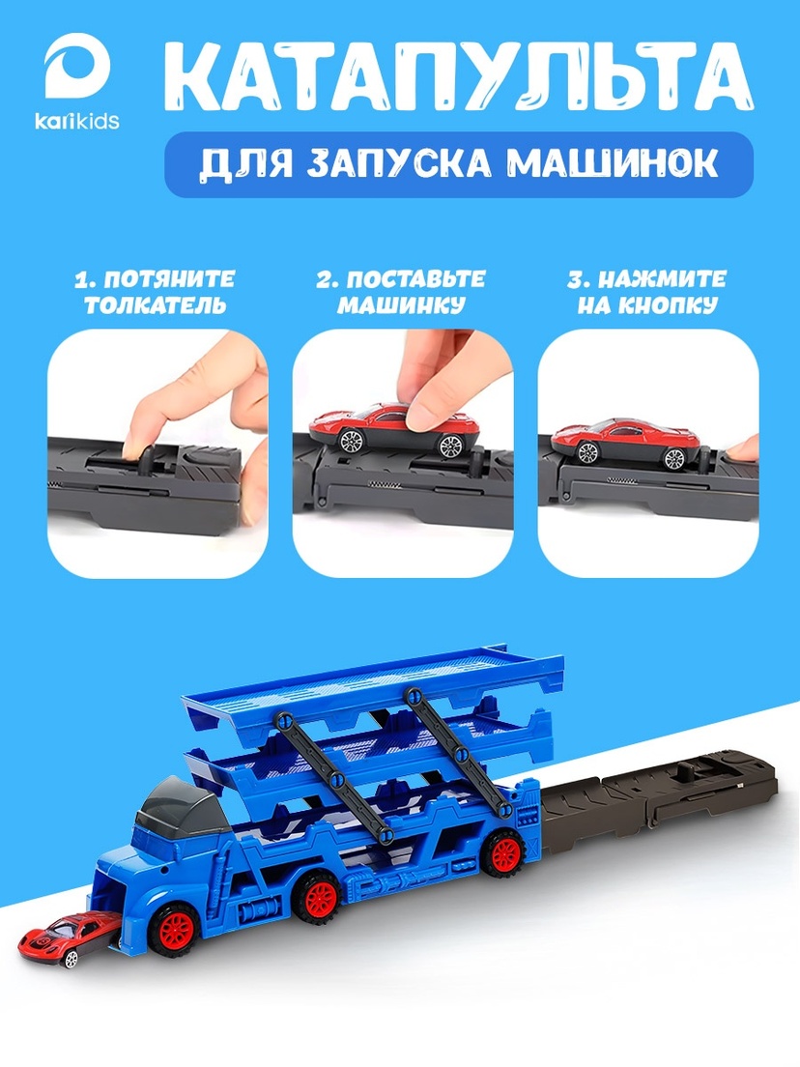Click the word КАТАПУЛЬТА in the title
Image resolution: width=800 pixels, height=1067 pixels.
click(457, 79)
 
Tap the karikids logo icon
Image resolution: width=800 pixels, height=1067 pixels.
click(77, 68)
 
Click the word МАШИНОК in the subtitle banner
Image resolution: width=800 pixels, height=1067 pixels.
click(613, 164)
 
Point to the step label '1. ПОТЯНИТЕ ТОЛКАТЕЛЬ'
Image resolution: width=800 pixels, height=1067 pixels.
click(155, 292)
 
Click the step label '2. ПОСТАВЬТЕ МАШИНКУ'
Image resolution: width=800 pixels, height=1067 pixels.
click(401, 292)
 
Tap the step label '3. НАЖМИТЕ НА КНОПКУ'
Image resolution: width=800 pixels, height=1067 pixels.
click(647, 292)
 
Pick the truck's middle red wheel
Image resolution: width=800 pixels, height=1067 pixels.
click(319, 899)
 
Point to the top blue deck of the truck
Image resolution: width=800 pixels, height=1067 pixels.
click(373, 687)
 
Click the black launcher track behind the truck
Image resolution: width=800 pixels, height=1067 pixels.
click(659, 803)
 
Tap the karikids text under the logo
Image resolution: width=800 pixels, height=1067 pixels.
click(77, 121)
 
